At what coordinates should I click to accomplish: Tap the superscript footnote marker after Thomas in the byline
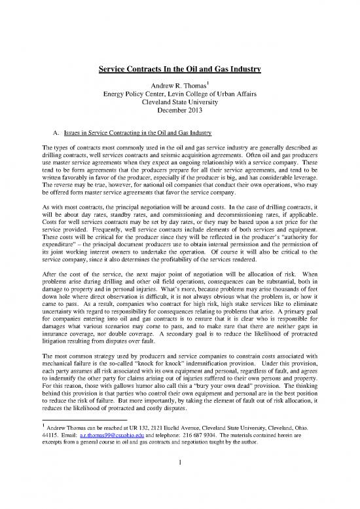coord(208,82)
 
